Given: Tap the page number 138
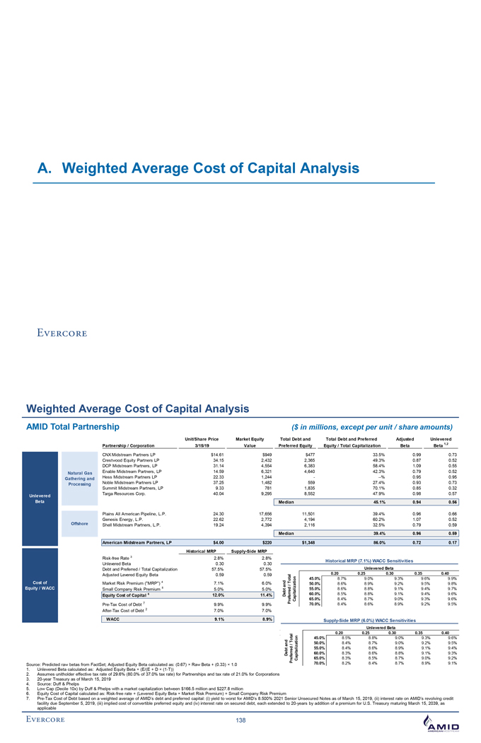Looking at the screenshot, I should [x=240, y=722].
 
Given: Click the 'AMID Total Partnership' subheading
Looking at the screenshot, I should [x=73, y=427].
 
